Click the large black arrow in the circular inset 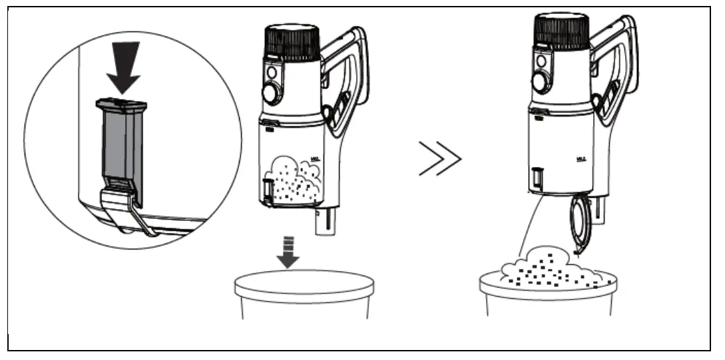(124, 67)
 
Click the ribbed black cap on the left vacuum (293, 44)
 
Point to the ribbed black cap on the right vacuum (563, 31)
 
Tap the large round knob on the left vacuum (272, 92)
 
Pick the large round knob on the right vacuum (541, 81)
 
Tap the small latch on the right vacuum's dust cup (537, 178)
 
